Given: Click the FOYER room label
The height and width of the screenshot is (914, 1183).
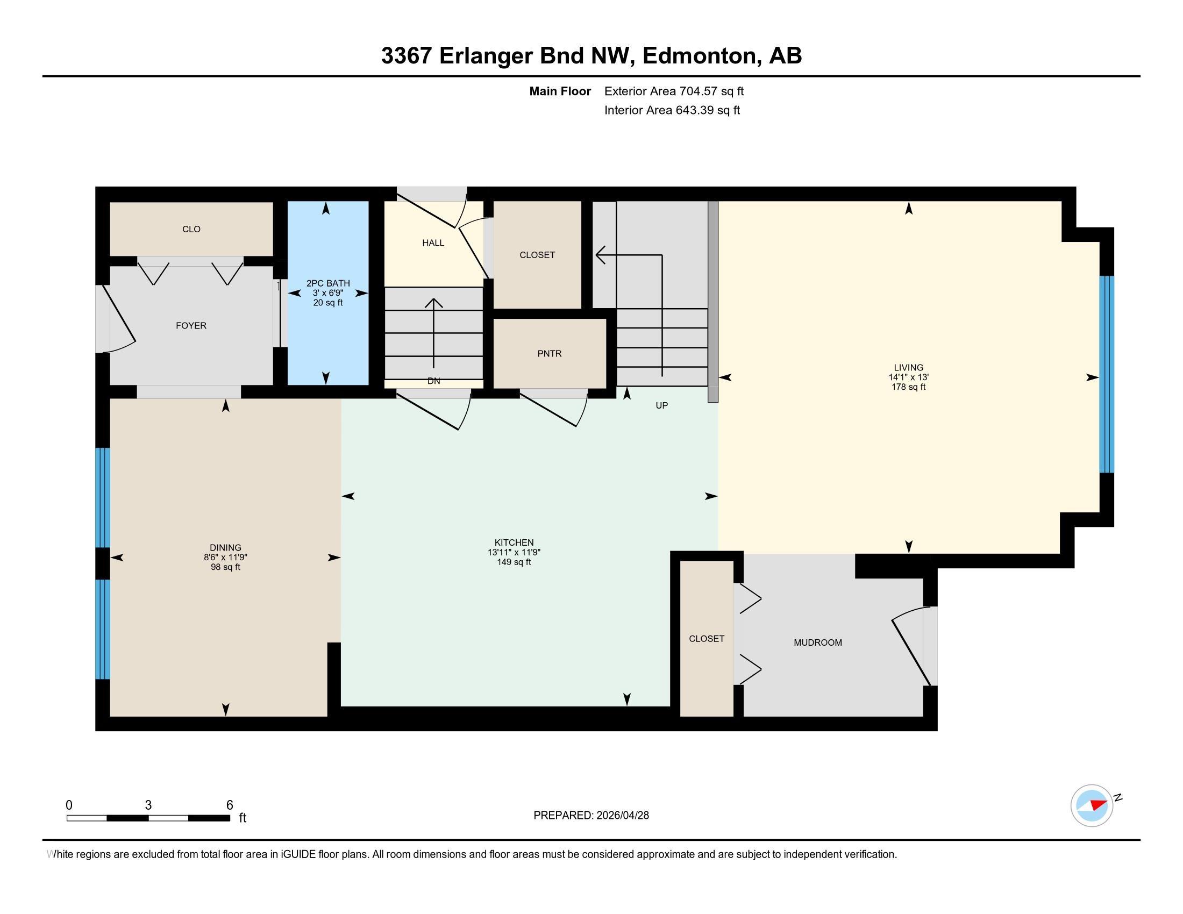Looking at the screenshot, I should pyautogui.click(x=191, y=325).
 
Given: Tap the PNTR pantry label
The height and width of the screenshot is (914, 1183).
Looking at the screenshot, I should pyautogui.click(x=549, y=354).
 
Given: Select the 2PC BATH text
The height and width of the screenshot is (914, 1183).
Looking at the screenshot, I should pyautogui.click(x=327, y=283).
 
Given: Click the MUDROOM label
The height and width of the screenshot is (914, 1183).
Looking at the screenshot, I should pyautogui.click(x=817, y=642).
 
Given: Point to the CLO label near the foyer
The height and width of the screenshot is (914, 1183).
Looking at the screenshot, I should pyautogui.click(x=191, y=229).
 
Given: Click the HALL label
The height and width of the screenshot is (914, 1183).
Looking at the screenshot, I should pyautogui.click(x=433, y=243).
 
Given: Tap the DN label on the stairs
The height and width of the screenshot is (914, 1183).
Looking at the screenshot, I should pyautogui.click(x=433, y=381).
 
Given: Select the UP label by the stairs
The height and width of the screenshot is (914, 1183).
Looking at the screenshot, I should pyautogui.click(x=661, y=405).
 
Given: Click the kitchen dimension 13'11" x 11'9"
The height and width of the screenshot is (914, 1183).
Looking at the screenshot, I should pyautogui.click(x=514, y=552).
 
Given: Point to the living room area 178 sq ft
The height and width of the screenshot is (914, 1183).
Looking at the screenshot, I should pyautogui.click(x=908, y=387).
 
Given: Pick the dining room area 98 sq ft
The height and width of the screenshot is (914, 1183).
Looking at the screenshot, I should pyautogui.click(x=225, y=567).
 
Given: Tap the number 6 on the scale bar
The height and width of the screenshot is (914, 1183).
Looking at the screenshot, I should pyautogui.click(x=229, y=805).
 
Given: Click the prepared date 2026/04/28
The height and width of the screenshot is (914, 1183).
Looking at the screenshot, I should pyautogui.click(x=622, y=816).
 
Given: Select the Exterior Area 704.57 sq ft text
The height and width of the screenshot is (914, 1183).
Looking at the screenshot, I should pyautogui.click(x=674, y=91).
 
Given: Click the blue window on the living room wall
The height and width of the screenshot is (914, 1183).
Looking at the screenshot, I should pyautogui.click(x=1106, y=375).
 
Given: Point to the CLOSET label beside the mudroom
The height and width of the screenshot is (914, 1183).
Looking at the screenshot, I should pyautogui.click(x=707, y=639).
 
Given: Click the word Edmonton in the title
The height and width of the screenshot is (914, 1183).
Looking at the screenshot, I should pyautogui.click(x=699, y=56).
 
